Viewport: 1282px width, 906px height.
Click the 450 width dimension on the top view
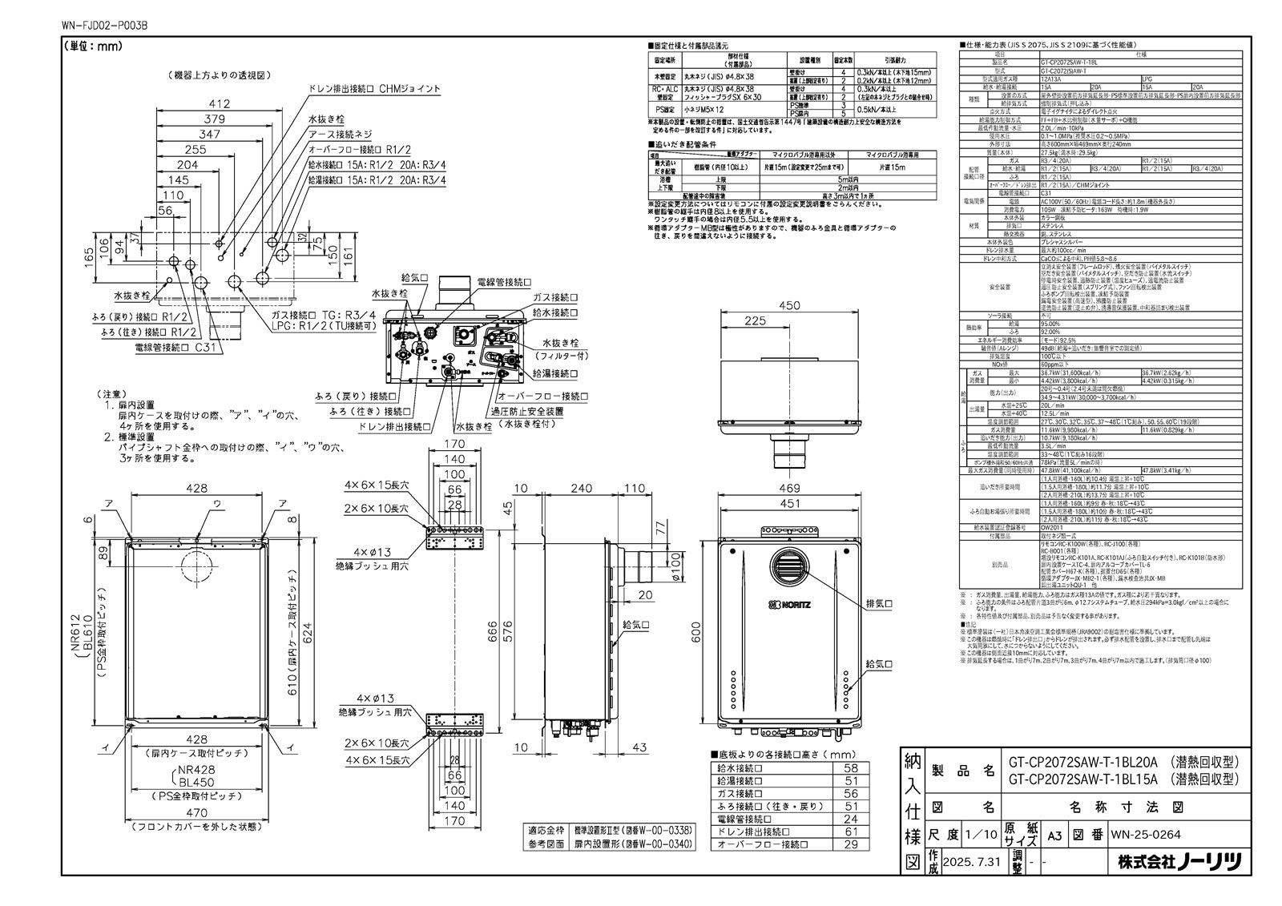tap(788, 305)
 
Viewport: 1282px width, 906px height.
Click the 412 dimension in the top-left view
tap(219, 103)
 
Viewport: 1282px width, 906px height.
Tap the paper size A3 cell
tap(1055, 835)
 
